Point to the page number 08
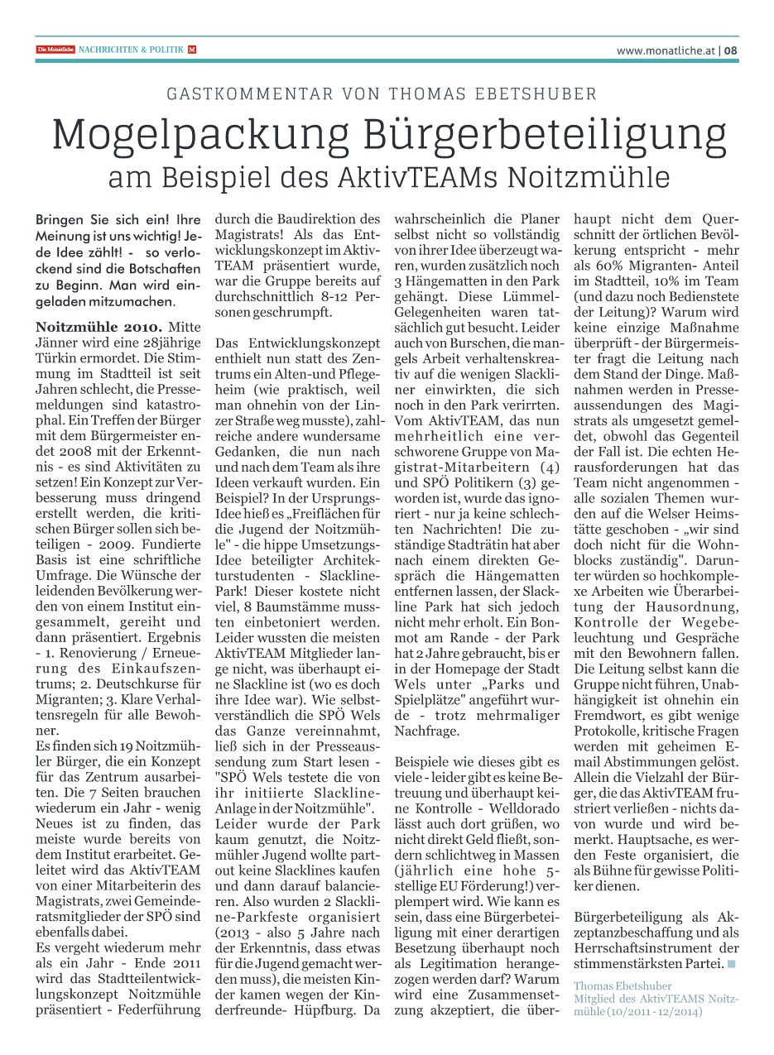731,50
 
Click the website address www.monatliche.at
666,50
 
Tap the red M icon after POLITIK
192,50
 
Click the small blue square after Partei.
732,963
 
